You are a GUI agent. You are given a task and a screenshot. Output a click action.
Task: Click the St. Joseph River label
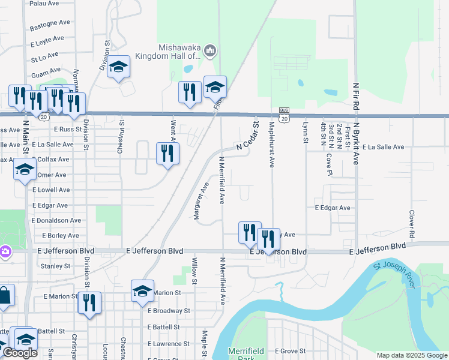394,275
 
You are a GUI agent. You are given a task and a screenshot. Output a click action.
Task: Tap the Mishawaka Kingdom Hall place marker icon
210,52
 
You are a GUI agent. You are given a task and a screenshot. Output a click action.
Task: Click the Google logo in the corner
20,353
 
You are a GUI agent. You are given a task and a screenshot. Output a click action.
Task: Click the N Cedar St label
247,137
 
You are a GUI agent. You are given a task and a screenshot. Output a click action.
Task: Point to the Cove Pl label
329,161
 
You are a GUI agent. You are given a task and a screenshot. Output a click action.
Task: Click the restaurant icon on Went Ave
168,153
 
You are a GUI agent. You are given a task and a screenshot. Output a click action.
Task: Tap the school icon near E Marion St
143,290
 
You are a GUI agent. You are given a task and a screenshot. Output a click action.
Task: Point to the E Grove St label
290,350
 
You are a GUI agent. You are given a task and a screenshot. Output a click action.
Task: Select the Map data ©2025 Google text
411,355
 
